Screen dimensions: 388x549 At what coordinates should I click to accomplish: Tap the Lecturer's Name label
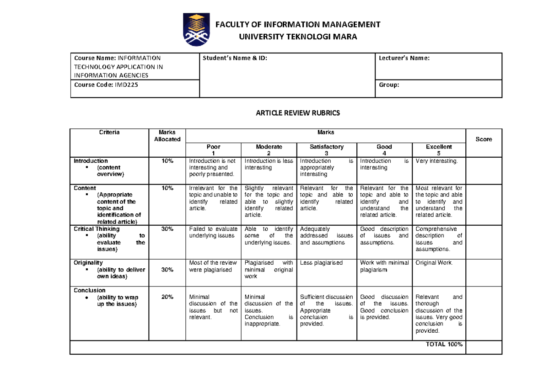(404, 58)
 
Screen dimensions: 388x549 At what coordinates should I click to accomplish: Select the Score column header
(484, 139)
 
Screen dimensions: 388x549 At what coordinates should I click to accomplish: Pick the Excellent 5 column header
(439, 150)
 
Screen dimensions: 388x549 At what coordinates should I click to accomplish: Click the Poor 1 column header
(213, 150)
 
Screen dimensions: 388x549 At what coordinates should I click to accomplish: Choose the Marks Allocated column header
(167, 136)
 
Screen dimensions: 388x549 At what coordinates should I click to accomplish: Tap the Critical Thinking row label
(97, 229)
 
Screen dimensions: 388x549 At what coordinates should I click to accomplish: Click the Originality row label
(88, 263)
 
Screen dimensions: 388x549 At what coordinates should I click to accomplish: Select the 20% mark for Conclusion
(167, 297)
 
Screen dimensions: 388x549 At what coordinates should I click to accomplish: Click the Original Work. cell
(434, 263)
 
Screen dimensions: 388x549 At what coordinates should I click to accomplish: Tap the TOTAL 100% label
(444, 344)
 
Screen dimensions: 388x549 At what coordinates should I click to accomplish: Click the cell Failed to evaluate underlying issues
(213, 232)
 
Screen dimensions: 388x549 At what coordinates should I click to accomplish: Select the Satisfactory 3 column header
(326, 150)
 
